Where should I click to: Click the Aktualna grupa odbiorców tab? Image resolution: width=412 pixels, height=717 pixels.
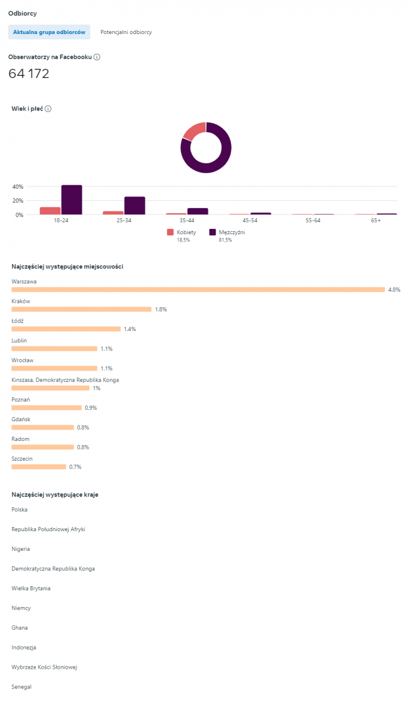click(49, 32)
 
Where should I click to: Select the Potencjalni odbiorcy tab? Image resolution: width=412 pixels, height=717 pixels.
click(126, 32)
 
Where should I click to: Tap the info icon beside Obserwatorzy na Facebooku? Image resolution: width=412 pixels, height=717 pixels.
click(97, 57)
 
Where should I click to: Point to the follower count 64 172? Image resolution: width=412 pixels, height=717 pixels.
click(29, 74)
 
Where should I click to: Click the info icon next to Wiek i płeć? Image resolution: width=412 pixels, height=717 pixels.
click(48, 109)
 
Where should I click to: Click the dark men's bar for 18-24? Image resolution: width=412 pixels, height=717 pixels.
click(72, 200)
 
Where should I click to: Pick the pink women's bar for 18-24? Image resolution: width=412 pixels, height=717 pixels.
click(50, 210)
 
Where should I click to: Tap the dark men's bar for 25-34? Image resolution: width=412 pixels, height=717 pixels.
click(134, 206)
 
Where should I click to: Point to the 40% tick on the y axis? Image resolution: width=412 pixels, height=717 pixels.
click(17, 186)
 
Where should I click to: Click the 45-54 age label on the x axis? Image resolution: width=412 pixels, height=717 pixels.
click(251, 220)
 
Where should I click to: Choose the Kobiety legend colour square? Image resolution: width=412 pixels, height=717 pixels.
click(170, 232)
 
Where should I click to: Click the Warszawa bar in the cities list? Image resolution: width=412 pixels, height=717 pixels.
click(198, 290)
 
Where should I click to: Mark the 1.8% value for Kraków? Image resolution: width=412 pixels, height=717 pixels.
click(161, 310)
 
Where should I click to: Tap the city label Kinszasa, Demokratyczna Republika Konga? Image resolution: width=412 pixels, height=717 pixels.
click(65, 380)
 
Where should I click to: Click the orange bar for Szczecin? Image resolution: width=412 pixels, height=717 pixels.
click(39, 467)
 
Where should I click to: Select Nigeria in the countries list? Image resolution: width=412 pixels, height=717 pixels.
click(21, 549)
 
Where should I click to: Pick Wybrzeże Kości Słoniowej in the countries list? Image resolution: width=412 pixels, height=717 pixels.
click(44, 667)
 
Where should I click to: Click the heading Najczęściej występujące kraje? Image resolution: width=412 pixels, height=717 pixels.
click(55, 495)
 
